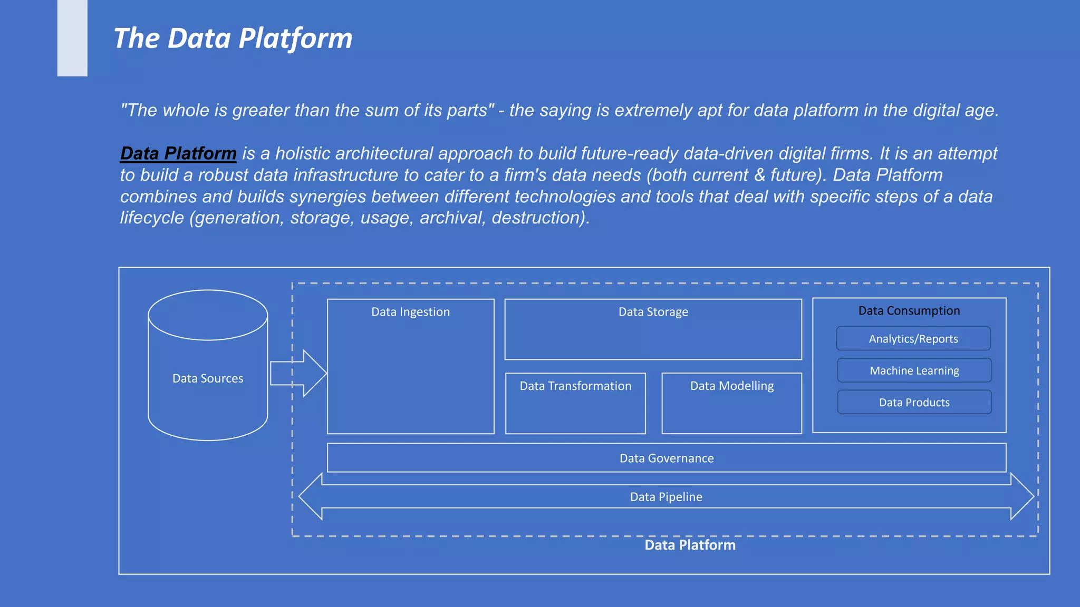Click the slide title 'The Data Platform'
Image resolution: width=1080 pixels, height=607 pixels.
(233, 38)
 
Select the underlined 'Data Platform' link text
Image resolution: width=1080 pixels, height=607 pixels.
(178, 153)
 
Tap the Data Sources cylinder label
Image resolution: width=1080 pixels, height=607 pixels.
(208, 378)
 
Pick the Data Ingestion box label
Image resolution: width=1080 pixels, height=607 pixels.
(410, 312)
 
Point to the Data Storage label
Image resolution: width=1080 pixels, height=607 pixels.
(653, 312)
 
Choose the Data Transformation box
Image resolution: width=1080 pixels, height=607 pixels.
(575, 403)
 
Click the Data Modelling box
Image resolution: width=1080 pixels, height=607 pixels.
(731, 403)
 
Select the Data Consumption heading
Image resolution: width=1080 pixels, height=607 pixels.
(909, 311)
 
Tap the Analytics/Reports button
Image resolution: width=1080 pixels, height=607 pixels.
(913, 339)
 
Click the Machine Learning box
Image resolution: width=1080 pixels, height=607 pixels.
(914, 370)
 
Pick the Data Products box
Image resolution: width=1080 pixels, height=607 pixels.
(914, 403)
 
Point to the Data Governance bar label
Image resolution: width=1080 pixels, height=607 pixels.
(667, 458)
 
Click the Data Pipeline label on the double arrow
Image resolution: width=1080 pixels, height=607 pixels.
(666, 497)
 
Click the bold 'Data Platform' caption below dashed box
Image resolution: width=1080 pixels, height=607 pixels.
(690, 545)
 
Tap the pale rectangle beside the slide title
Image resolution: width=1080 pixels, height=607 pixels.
(72, 38)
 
